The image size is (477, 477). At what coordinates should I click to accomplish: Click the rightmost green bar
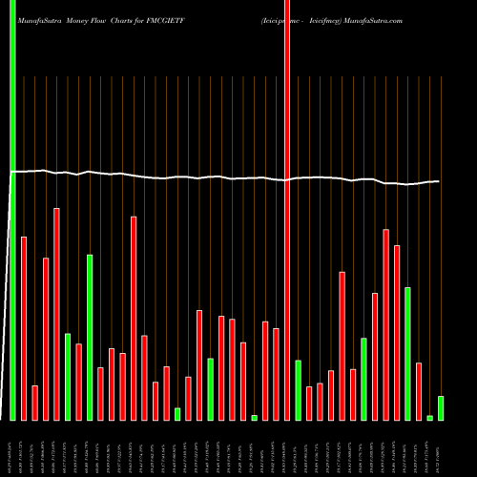click(x=441, y=408)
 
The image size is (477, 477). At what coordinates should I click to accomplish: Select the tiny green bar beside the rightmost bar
click(x=429, y=418)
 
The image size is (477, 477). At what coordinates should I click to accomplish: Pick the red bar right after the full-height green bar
click(x=24, y=328)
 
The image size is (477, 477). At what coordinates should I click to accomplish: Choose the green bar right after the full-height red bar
click(x=298, y=390)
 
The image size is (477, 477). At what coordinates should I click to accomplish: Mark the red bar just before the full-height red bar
click(x=276, y=374)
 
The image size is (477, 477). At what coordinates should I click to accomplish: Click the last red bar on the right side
click(x=419, y=391)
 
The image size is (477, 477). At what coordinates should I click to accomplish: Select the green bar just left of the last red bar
click(x=407, y=353)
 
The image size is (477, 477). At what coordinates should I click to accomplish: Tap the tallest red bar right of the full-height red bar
click(x=385, y=324)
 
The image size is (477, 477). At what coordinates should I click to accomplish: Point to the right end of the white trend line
click(x=439, y=181)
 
